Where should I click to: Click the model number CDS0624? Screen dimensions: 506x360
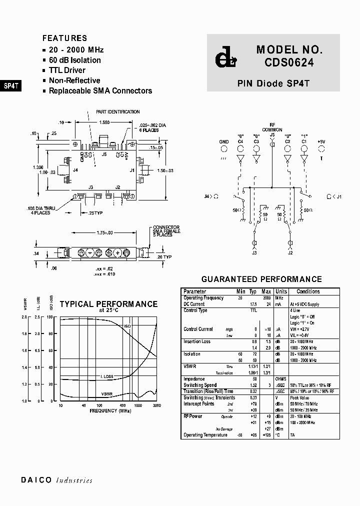290,63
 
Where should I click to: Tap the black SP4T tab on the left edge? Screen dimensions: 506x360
11,85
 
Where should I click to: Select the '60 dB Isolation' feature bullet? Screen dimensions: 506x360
74,60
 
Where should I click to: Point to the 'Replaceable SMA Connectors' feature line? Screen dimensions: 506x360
100,91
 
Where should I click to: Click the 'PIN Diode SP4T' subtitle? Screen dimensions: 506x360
273,84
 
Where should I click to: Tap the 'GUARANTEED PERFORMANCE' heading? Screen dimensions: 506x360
261,279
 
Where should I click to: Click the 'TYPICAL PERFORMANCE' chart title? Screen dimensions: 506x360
108,304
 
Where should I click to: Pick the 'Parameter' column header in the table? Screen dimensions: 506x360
194,291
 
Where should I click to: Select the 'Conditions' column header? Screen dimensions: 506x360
308,291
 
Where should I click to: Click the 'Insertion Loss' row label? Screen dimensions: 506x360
197,341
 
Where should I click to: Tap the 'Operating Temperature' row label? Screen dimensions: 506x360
205,435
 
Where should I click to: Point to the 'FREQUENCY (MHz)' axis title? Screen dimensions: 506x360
110,410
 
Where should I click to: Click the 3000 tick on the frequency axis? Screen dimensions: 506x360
156,405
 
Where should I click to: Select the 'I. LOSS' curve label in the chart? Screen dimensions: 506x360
107,376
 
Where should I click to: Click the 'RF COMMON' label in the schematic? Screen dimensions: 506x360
272,127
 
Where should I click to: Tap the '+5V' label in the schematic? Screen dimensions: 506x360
321,142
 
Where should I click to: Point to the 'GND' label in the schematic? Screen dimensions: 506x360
224,142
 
